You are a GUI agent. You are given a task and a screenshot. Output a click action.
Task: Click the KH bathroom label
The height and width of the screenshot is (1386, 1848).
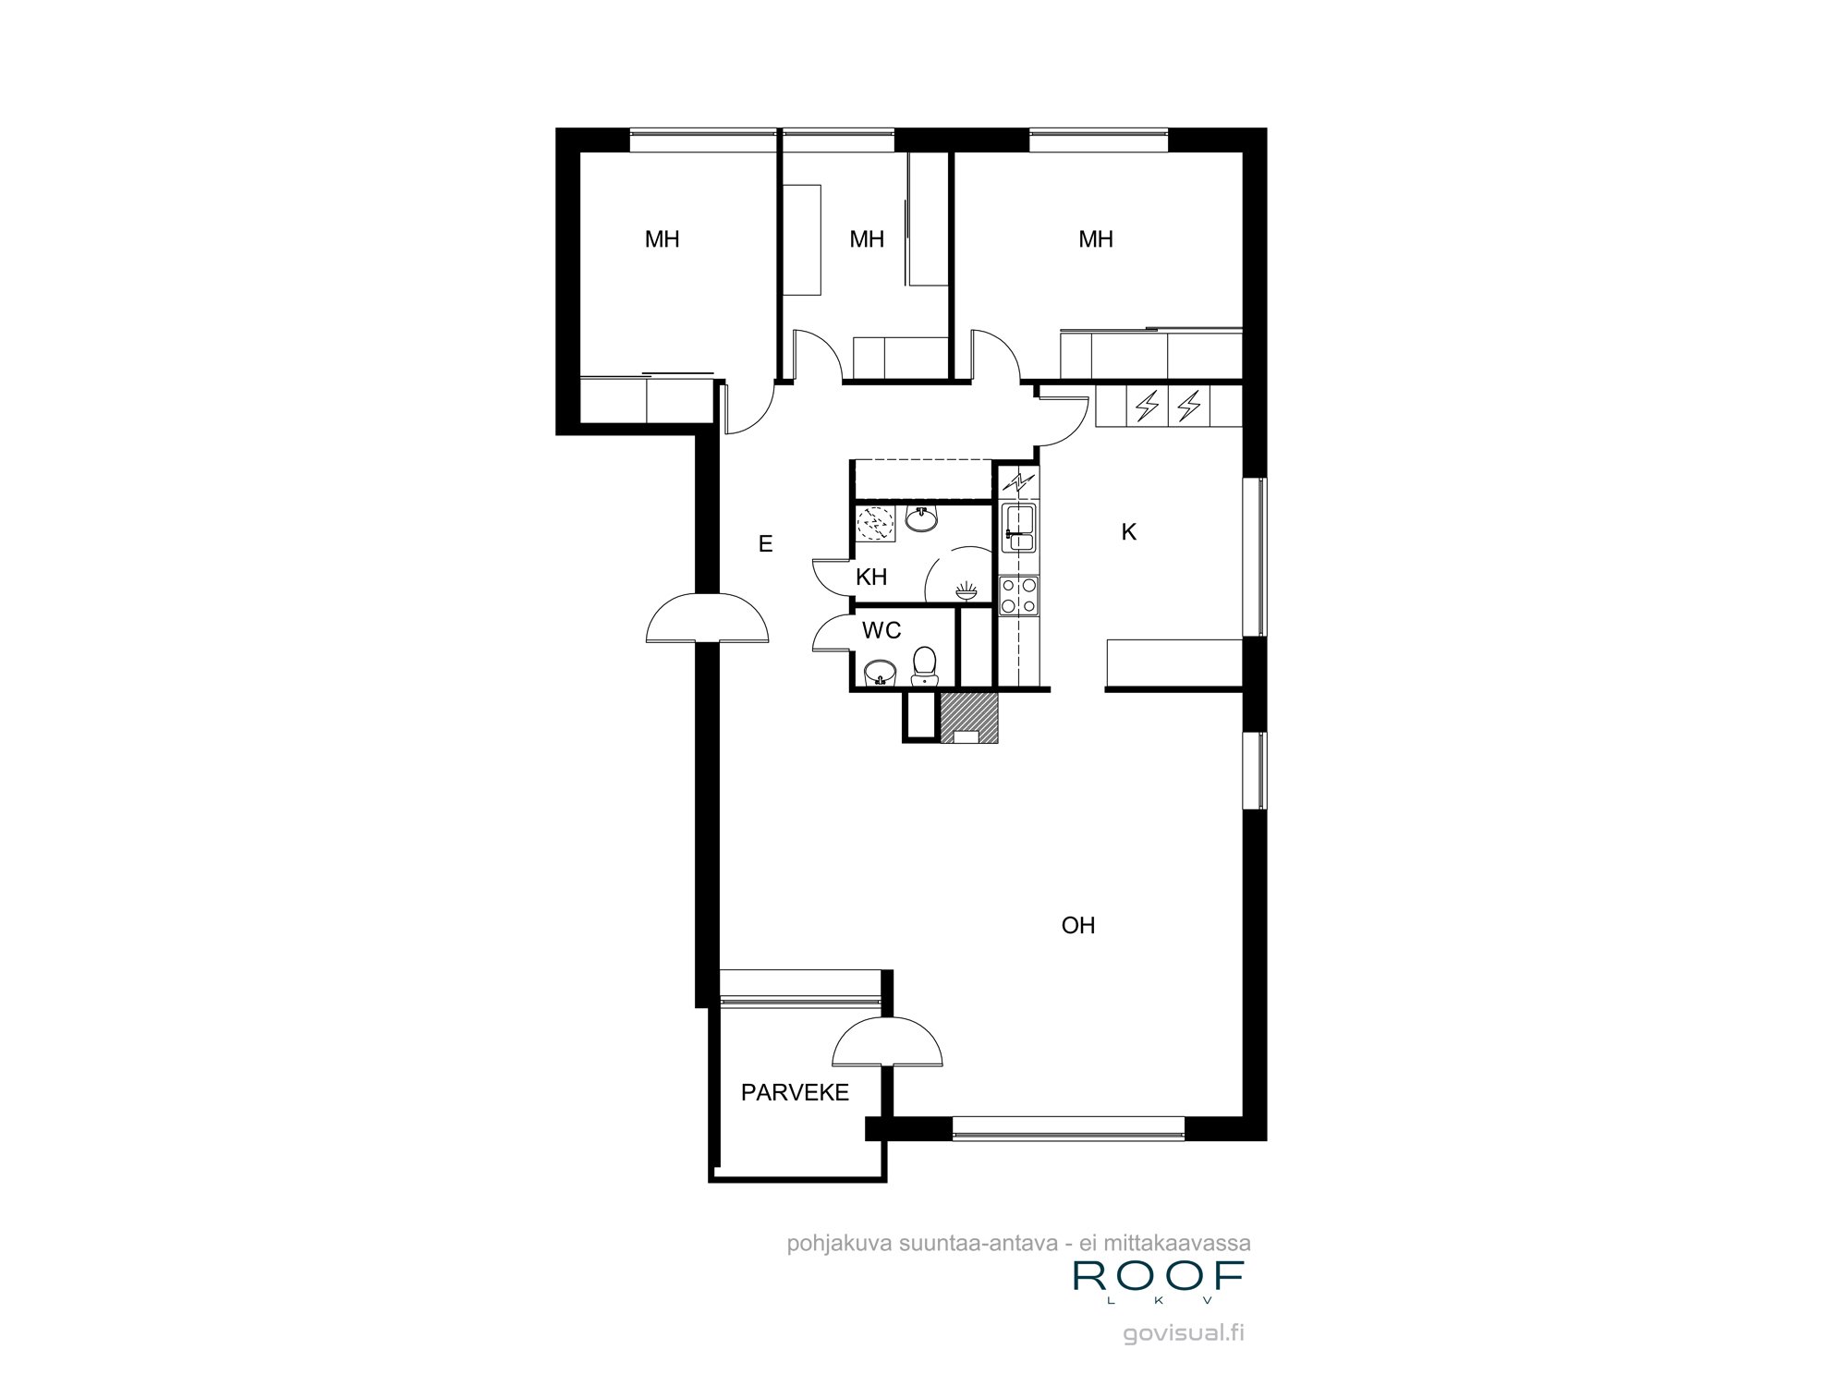click(x=871, y=577)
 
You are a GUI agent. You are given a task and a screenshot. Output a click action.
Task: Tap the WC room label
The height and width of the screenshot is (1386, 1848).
click(x=881, y=631)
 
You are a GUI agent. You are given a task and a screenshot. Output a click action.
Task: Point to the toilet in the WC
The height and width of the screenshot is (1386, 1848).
click(x=924, y=665)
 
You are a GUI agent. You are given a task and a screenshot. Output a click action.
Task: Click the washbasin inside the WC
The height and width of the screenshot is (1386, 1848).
click(x=880, y=673)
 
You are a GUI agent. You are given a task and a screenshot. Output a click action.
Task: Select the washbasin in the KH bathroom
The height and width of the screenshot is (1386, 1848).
click(x=921, y=519)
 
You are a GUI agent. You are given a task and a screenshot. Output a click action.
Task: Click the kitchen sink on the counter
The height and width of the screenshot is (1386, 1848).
click(x=1021, y=528)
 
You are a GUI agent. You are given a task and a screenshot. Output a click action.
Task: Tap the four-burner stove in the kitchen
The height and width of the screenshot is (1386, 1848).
click(x=1020, y=595)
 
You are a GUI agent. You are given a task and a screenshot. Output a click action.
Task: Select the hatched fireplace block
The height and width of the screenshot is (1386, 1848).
click(x=969, y=717)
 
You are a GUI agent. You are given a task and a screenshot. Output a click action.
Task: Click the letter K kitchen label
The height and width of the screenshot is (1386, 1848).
click(x=1128, y=532)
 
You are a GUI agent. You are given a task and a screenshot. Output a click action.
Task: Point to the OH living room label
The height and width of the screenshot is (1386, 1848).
click(x=1078, y=926)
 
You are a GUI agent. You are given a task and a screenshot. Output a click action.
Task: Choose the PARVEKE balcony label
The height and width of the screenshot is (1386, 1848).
click(x=795, y=1093)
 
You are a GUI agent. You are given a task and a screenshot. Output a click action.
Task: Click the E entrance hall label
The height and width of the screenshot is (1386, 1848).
click(x=765, y=544)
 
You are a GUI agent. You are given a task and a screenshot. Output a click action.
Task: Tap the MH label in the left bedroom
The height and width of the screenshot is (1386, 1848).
click(x=663, y=240)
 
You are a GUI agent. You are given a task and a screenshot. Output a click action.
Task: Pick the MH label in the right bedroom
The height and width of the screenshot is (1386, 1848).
click(x=1096, y=240)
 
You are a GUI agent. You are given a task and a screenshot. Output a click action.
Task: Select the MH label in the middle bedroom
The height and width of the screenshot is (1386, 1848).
click(x=867, y=240)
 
